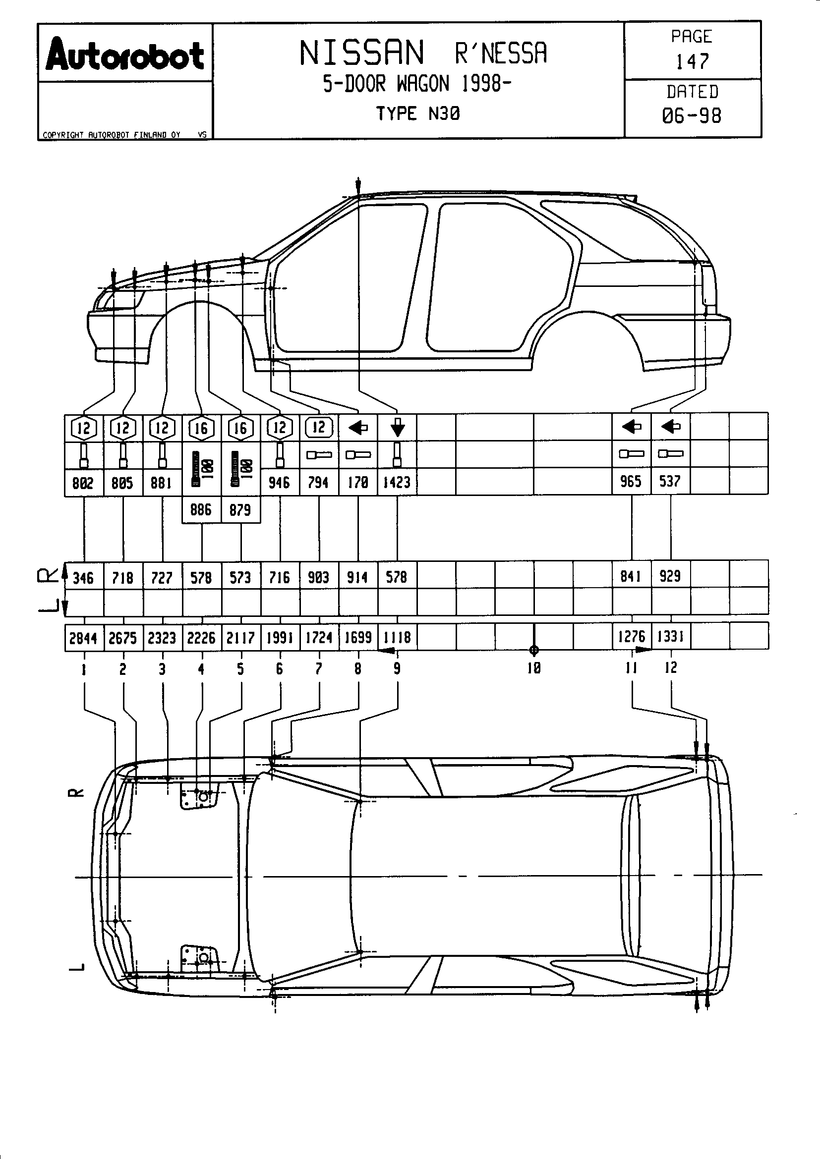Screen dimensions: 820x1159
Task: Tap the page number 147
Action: pos(692,61)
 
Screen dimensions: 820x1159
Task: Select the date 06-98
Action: pos(691,116)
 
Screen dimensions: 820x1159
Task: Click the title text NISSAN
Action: pos(361,53)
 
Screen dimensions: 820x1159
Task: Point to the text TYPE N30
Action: pos(417,114)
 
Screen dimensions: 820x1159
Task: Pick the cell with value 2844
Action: pos(83,638)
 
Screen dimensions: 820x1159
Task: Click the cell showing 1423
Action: pos(397,483)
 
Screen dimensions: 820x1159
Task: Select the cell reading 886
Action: pos(201,510)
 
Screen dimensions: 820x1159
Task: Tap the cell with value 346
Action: pos(83,577)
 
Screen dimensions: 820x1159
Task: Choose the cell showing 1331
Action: pos(671,637)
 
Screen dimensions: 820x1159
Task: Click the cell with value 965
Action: pos(631,482)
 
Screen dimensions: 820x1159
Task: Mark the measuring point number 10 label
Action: pos(534,668)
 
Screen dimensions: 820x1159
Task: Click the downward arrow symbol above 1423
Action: pos(398,427)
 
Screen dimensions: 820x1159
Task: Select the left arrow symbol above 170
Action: pos(358,428)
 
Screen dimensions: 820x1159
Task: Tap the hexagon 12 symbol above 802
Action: pos(83,428)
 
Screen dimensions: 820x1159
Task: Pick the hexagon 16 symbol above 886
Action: pos(201,429)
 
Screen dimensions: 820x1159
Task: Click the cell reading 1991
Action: pos(280,638)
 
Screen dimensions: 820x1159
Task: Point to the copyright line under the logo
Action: pos(112,135)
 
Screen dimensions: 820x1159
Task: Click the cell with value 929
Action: pos(670,576)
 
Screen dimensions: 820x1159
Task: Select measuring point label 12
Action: pos(671,668)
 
